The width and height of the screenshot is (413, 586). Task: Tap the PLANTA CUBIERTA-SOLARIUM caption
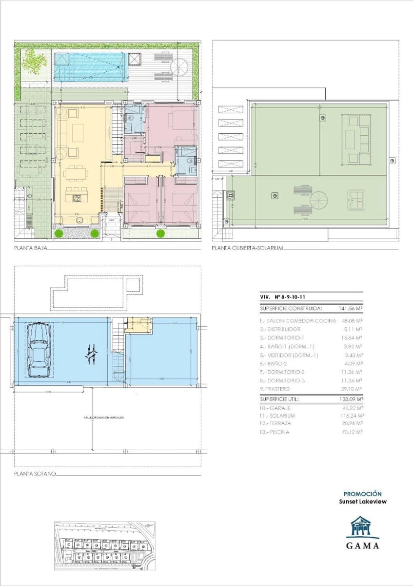tap(247, 248)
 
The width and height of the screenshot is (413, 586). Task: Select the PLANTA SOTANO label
tap(35, 474)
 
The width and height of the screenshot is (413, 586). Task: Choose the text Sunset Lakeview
tap(363, 502)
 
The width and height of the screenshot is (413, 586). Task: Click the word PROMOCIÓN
tap(363, 494)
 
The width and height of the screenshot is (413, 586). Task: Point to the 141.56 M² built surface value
tap(351, 309)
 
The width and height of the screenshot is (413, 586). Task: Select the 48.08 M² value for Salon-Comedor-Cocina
tap(352, 321)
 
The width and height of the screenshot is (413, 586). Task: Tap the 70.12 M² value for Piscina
tap(352, 432)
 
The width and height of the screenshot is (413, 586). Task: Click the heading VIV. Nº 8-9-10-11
tap(283, 296)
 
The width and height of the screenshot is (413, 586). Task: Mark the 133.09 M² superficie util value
tap(351, 399)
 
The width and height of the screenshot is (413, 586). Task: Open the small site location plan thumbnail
tap(104, 545)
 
